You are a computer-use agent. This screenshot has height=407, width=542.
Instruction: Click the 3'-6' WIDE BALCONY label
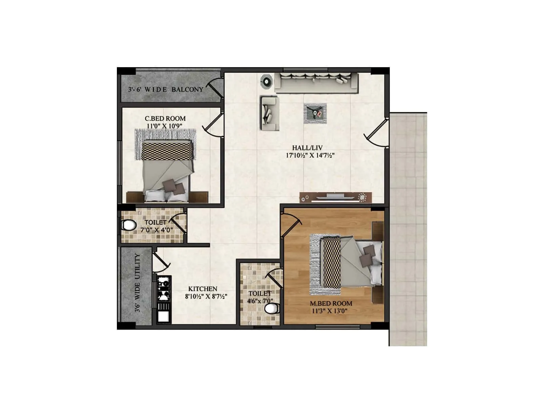pos(166,90)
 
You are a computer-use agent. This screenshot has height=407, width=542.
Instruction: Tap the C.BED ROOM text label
pos(165,119)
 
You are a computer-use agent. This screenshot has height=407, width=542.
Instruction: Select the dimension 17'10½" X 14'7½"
pos(310,156)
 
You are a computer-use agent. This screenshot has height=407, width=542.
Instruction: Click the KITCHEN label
pos(203,289)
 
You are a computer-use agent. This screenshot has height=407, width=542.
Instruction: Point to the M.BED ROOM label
pos(331,304)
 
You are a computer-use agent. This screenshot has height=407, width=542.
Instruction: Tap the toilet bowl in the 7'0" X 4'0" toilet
pos(128,225)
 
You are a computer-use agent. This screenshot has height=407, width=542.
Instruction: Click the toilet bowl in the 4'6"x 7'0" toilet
pos(271,308)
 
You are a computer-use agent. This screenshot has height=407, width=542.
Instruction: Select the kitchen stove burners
pos(164,289)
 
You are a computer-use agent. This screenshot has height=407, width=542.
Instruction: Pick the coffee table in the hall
pos(315,113)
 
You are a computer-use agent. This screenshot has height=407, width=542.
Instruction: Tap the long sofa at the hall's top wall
pos(316,82)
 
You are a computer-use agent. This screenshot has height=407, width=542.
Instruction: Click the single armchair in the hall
pos(270,113)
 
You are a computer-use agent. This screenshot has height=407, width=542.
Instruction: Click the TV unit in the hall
pos(335,197)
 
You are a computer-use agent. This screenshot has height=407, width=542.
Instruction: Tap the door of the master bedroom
pos(291,226)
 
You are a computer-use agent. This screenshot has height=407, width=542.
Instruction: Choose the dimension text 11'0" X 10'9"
pos(164,126)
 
